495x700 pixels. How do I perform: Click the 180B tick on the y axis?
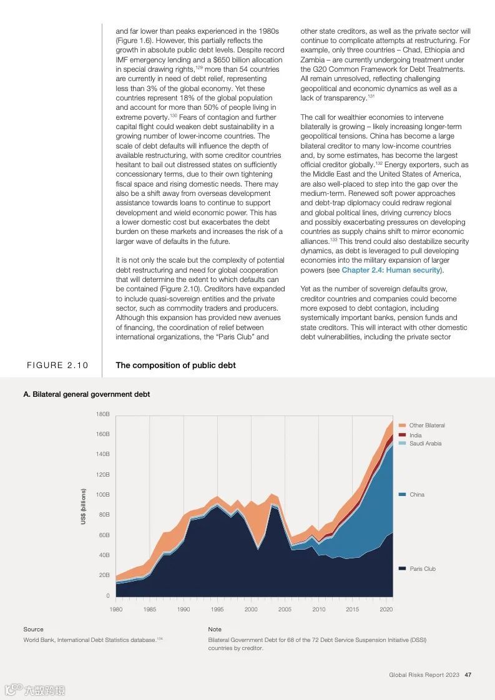click(103, 414)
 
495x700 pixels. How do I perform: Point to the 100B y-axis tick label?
click(103, 495)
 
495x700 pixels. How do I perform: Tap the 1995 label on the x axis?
click(217, 609)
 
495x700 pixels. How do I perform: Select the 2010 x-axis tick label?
click(318, 609)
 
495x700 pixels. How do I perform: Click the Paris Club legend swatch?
click(403, 569)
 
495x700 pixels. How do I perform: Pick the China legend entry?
click(416, 495)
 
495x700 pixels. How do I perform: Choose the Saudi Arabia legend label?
click(425, 444)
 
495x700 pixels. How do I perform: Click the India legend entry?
click(415, 435)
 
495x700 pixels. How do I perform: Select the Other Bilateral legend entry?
click(427, 425)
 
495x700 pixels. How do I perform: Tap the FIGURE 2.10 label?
click(57, 366)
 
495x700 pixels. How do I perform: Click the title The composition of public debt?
click(175, 366)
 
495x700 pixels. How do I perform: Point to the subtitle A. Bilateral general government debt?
click(87, 394)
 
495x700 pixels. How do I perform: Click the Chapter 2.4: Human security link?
click(391, 270)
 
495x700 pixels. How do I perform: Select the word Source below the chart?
click(34, 630)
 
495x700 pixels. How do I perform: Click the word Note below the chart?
click(215, 630)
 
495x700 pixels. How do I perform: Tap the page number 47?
click(468, 675)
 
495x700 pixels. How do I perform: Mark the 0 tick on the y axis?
click(107, 596)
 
